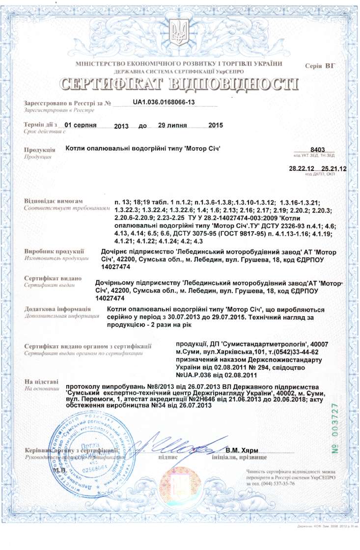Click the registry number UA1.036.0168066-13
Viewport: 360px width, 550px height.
click(x=164, y=102)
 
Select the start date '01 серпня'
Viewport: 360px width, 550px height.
click(x=83, y=125)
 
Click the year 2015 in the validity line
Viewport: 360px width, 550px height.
click(x=216, y=125)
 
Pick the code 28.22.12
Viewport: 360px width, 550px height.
click(x=301, y=168)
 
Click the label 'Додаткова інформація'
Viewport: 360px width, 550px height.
click(x=57, y=309)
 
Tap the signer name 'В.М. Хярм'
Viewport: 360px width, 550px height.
click(x=242, y=450)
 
